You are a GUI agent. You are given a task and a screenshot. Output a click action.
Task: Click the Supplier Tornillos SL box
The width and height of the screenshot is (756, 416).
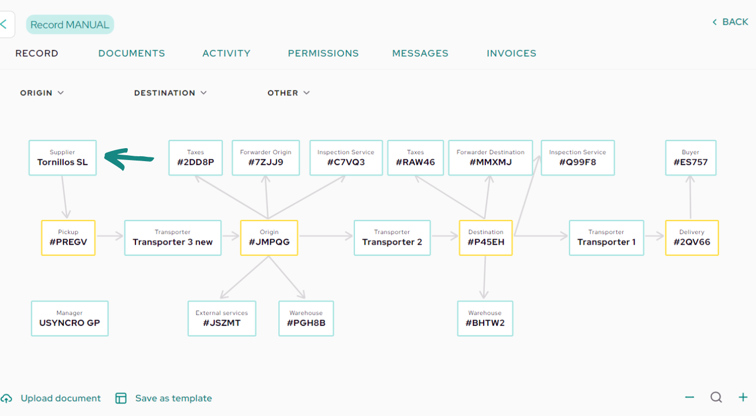point(63,158)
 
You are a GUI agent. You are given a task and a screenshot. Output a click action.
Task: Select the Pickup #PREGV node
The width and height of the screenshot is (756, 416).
point(68,238)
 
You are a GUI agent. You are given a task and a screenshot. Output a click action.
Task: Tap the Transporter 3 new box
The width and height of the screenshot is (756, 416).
point(173,238)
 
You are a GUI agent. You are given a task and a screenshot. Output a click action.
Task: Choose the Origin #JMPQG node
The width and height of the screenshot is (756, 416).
point(269,238)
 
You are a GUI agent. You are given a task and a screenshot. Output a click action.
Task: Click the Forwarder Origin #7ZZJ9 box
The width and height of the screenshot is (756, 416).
point(266,158)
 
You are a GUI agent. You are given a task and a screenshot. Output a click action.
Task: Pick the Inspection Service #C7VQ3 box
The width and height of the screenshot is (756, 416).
point(346,158)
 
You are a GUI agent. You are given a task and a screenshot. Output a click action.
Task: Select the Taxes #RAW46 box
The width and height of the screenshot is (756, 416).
point(415,158)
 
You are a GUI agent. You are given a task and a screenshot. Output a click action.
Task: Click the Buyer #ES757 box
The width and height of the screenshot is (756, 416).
point(691,158)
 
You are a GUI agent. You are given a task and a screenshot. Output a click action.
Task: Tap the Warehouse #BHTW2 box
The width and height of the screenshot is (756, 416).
point(485,318)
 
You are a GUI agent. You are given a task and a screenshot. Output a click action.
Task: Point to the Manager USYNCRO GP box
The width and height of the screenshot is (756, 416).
point(70,318)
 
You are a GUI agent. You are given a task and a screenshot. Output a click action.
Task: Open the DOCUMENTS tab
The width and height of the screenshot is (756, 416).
point(132,53)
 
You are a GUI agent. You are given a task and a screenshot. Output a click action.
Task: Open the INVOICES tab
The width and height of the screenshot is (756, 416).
point(511,53)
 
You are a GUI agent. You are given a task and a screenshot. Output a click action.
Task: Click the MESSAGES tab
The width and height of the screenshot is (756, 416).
point(420,53)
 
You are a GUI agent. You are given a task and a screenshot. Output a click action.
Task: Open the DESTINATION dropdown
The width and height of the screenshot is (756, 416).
point(170,93)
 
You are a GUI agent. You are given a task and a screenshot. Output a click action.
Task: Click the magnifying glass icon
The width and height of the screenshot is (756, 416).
point(716,398)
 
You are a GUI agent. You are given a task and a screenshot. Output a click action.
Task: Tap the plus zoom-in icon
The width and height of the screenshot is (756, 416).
point(743,398)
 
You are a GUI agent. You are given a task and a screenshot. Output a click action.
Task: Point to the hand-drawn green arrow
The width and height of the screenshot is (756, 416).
point(128,158)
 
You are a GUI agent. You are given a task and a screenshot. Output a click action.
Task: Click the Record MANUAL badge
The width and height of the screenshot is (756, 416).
point(70,24)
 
